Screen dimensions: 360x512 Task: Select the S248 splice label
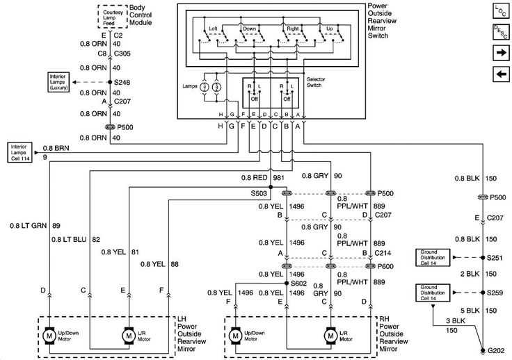point(122,82)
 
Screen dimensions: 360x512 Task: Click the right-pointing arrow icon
point(500,53)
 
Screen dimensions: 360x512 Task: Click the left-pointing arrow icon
point(500,74)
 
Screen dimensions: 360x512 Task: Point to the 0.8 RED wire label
point(255,177)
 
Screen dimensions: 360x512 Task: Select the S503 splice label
point(259,194)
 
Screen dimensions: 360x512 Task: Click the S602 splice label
point(298,284)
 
